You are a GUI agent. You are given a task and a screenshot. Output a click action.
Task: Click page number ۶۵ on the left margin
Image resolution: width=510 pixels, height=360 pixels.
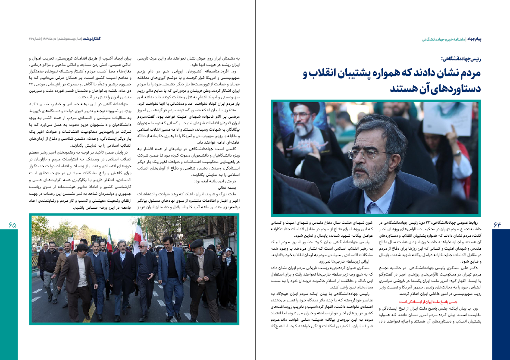12,225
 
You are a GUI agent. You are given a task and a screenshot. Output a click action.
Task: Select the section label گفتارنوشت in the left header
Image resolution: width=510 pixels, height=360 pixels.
91,39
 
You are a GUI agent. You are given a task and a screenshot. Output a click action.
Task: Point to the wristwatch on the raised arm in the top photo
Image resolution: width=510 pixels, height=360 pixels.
457,153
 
